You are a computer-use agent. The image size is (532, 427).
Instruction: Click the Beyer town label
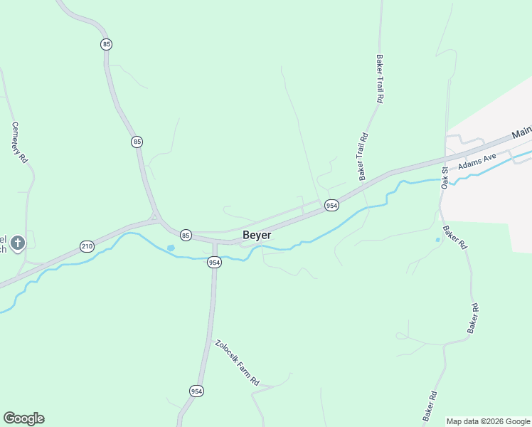tap(257, 235)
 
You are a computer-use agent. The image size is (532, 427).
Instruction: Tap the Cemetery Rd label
tap(19, 142)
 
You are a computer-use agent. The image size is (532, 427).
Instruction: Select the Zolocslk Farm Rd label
tap(238, 363)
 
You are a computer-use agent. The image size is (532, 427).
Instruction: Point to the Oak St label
tap(446, 176)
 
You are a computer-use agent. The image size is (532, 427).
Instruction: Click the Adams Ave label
tap(477, 162)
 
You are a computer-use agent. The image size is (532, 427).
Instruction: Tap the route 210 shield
tap(87, 246)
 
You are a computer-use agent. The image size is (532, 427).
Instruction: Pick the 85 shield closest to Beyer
tap(186, 235)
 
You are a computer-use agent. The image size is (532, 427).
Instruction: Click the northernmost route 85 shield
tap(107, 44)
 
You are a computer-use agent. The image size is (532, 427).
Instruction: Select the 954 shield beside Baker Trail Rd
tap(331, 205)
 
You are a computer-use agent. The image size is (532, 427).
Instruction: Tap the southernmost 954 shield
tap(197, 391)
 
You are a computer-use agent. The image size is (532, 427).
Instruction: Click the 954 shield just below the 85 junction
tap(215, 263)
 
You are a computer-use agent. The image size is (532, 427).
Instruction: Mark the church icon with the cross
tap(18, 243)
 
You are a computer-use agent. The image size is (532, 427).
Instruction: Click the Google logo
tap(23, 418)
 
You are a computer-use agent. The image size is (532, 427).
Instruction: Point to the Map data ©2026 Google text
tap(489, 421)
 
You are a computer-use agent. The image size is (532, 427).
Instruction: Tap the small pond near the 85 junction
tap(171, 248)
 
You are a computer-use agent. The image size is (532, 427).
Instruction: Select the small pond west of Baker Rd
tap(437, 240)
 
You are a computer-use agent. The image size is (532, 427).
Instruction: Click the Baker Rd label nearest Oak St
tap(454, 237)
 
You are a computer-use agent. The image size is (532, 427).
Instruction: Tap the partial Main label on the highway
tap(521, 132)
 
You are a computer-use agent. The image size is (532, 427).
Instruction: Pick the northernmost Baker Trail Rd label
tap(381, 80)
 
